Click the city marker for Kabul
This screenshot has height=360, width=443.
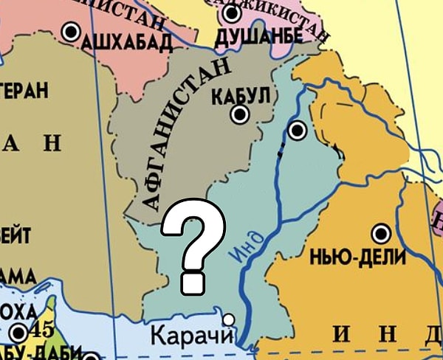240,114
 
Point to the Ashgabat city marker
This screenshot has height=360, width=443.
71,32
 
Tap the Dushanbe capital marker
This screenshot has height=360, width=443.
233,13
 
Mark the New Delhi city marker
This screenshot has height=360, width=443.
381,235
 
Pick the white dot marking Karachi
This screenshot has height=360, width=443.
229,319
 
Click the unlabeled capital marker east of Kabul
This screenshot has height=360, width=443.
297,131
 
